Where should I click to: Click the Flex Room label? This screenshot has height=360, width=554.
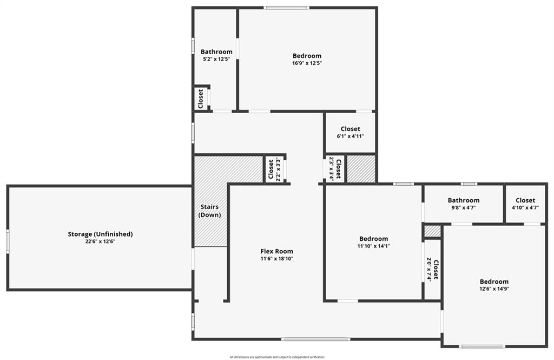276,251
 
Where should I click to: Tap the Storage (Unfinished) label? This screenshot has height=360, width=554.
100,234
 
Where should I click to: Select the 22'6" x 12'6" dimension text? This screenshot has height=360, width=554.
100,241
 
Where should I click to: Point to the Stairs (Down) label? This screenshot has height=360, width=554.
209,211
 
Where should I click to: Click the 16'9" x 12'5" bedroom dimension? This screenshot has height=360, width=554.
307,63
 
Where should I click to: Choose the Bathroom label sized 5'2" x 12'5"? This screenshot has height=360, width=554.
216,52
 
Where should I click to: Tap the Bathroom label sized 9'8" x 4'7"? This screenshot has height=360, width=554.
464,200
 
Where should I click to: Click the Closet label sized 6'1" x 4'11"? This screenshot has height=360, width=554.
351,129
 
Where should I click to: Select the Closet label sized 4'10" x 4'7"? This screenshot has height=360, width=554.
525,200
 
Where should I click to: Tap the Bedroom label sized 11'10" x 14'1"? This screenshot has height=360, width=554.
373,239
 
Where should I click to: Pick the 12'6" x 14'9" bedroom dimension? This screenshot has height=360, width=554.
494,289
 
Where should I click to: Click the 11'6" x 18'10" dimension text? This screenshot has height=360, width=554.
276,259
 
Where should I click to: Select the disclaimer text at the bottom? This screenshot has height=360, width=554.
277,357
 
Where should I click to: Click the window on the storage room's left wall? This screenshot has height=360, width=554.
8,241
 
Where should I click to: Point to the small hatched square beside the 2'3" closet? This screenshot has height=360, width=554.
361,169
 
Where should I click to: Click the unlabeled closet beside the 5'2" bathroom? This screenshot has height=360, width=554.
201,99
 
